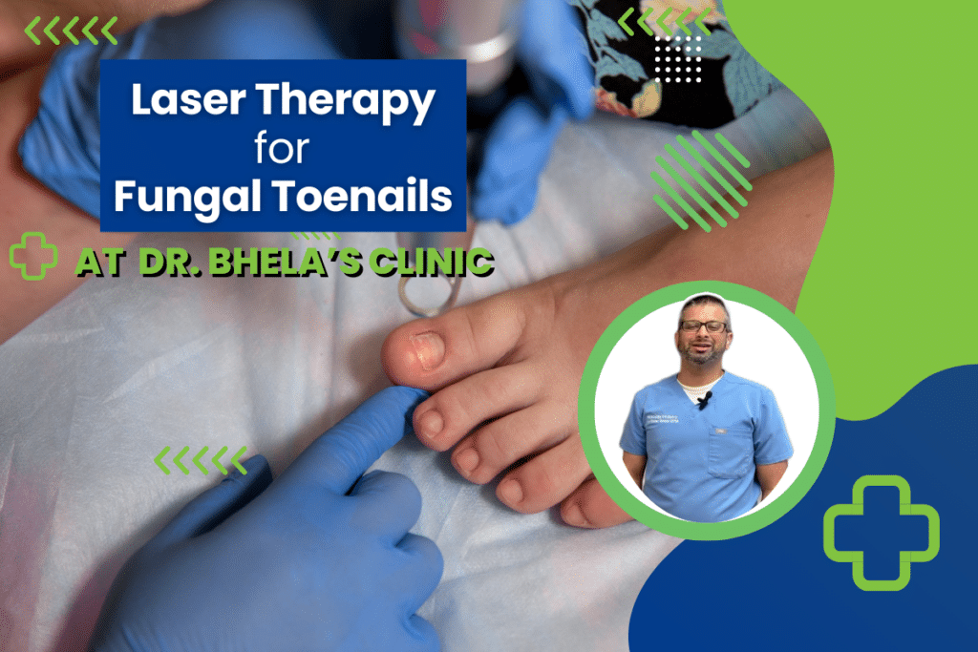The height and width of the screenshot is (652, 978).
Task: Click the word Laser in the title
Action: pos(188,99)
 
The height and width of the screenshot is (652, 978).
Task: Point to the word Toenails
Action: pos(364,196)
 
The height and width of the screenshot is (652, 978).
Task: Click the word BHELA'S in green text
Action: pos(285,262)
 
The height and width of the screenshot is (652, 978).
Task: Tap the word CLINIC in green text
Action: pos(432,262)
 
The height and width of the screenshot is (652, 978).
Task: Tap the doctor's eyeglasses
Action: pos(703,326)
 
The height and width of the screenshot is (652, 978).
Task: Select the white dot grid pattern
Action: pos(678,58)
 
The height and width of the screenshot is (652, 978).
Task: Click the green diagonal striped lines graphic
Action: pos(701,180)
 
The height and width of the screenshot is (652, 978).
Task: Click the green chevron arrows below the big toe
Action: pos(201,460)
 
